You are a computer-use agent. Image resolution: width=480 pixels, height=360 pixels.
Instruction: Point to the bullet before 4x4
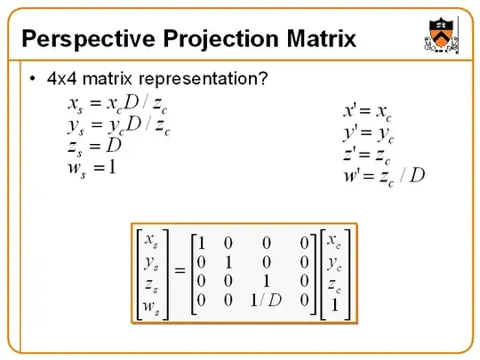(32, 78)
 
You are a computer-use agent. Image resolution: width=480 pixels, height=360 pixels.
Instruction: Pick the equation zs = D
(93, 145)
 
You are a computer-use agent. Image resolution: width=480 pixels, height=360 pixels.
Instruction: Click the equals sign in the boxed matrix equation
(180, 270)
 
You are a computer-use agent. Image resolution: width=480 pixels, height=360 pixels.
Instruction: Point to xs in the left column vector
(153, 241)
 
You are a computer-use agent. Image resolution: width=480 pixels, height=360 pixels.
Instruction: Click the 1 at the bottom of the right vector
(332, 305)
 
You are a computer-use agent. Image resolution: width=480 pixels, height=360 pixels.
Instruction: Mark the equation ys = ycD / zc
(117, 124)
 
